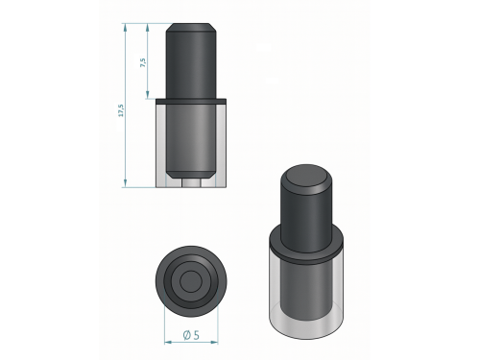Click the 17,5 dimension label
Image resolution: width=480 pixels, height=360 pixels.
tap(121, 110)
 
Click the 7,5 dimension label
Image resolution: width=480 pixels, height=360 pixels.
tap(143, 62)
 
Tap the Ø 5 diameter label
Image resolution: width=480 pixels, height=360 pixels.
tap(191, 335)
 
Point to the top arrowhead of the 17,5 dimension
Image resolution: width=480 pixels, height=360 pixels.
tap(125, 27)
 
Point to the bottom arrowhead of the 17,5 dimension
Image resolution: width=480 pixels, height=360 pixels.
tap(125, 183)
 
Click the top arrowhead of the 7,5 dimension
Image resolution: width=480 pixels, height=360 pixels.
tap(148, 27)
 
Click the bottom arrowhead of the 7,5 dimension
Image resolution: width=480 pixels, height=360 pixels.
tap(148, 95)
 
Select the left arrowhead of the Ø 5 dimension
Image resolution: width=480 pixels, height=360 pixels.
tap(168, 342)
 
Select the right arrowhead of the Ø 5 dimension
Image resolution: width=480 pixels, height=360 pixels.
tap(214, 342)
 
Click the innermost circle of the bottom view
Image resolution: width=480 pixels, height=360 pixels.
tap(191, 281)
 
